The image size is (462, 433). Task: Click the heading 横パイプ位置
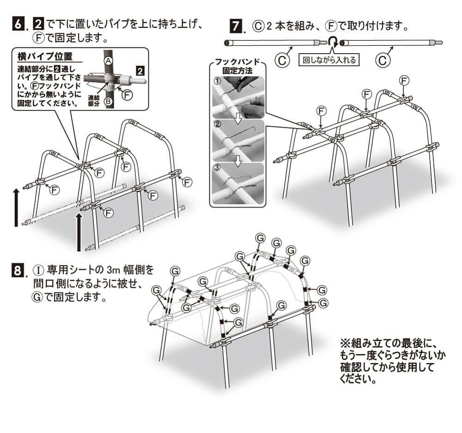click(44, 57)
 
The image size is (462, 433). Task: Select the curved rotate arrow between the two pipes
click(331, 43)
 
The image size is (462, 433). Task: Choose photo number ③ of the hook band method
click(238, 183)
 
